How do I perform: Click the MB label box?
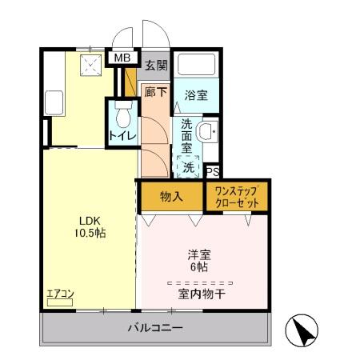tap(122, 58)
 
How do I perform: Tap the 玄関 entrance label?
tap(156, 65)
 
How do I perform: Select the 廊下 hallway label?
tap(155, 93)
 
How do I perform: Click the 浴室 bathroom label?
tap(197, 94)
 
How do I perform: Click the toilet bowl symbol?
tap(123, 116)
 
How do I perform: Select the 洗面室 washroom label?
tap(186, 137)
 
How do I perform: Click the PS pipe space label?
tap(213, 171)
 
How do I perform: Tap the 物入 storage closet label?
tap(171, 196)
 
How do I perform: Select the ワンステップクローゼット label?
tap(237, 197)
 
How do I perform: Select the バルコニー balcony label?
tap(155, 329)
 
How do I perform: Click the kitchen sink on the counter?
tap(54, 102)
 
